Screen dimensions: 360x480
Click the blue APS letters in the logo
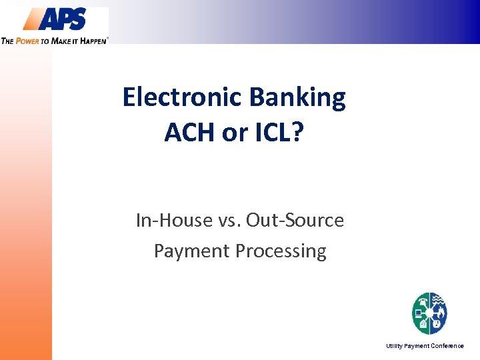[x=63, y=19]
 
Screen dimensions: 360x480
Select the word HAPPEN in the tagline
[x=93, y=41]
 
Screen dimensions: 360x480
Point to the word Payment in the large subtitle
[x=189, y=251]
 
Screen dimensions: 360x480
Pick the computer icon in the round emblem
[x=419, y=313]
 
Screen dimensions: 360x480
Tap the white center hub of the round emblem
[x=429, y=313]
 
